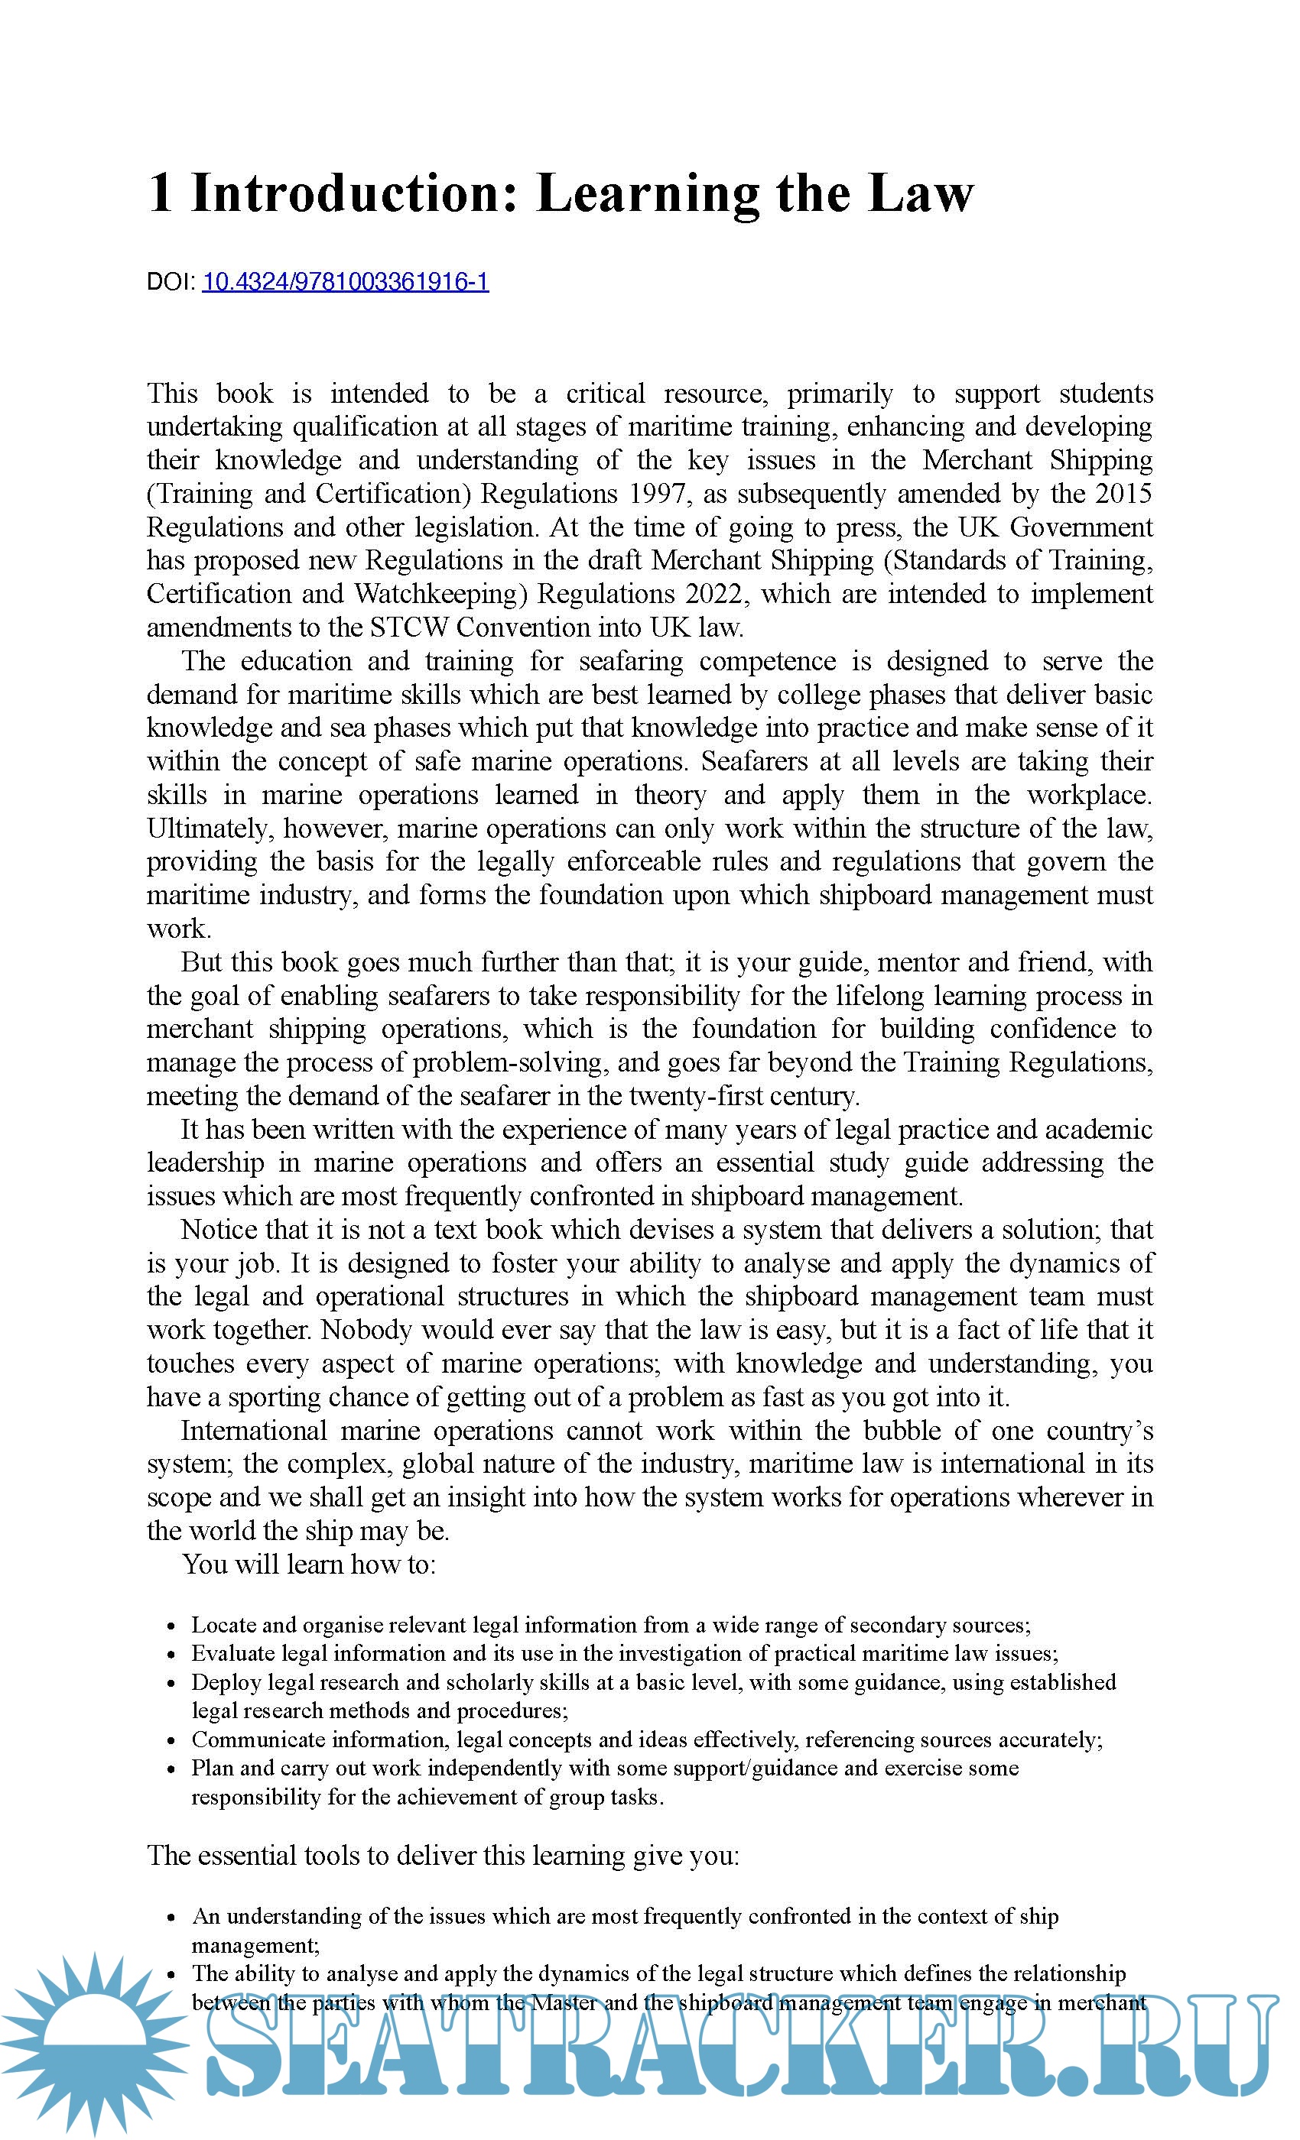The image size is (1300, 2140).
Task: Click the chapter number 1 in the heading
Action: (160, 193)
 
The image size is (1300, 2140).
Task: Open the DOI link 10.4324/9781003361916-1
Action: (345, 281)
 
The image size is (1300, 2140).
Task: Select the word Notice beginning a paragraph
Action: (218, 1230)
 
